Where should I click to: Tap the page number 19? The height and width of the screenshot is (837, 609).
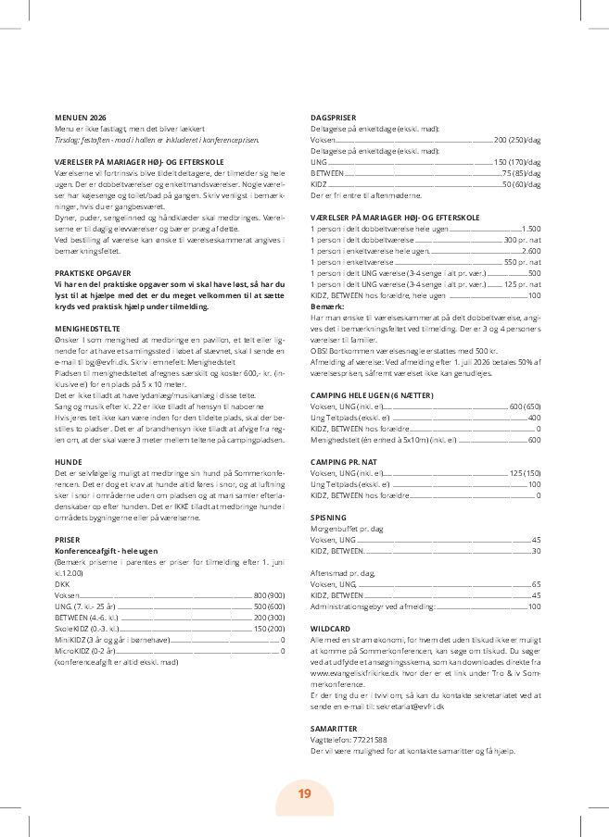pyautogui.click(x=304, y=794)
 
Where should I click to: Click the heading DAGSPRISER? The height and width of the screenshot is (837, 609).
pyautogui.click(x=332, y=119)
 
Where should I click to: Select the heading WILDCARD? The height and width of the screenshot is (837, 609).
pyautogui.click(x=330, y=628)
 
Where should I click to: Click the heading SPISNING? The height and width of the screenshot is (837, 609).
pyautogui.click(x=328, y=518)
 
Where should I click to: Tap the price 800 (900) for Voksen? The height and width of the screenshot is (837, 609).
pyautogui.click(x=269, y=593)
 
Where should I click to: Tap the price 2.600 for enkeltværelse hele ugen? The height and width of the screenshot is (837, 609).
pyautogui.click(x=530, y=251)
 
